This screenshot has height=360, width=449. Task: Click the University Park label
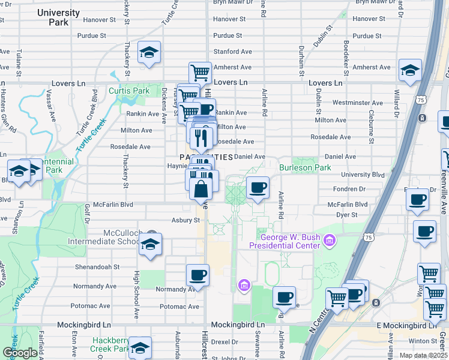(66, 17)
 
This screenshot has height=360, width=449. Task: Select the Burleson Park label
(305, 167)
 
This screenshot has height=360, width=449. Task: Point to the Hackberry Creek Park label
(112, 344)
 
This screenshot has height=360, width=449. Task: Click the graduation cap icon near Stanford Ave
(148, 53)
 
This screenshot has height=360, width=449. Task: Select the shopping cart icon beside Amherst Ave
(200, 73)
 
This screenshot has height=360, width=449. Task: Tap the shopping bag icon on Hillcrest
(200, 188)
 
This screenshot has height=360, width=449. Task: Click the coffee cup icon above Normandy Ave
(197, 275)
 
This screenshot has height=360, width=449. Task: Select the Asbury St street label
(185, 220)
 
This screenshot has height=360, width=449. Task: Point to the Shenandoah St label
(97, 267)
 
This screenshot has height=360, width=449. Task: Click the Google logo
(20, 353)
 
